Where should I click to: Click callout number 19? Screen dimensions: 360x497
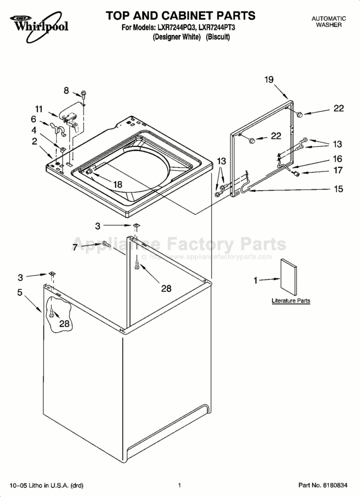pos(269,80)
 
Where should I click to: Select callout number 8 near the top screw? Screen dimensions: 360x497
pos(66,90)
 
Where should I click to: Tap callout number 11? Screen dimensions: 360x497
pos(39,109)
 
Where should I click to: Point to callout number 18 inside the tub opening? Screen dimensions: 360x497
pos(118,184)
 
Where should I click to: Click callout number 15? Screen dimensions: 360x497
pos(339,189)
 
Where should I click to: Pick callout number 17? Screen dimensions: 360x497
pos(338,170)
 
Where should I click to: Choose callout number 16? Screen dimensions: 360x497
pos(338,159)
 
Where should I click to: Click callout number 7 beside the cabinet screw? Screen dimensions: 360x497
pos(74,247)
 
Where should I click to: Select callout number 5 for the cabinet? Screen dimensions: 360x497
pos(20,292)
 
